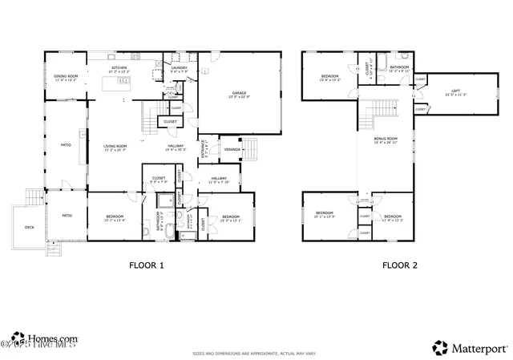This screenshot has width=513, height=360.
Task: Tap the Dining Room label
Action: point(65,78)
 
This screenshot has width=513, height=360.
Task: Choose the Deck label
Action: point(30,227)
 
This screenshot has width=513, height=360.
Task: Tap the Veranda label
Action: point(232,149)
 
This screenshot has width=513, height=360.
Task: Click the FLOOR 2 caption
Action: point(398,265)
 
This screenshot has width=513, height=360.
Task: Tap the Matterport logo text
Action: point(481,348)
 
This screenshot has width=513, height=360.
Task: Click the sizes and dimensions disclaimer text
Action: point(254,354)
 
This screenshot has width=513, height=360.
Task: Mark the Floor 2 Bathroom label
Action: point(400,69)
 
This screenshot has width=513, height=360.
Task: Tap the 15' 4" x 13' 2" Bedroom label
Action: point(330,78)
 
